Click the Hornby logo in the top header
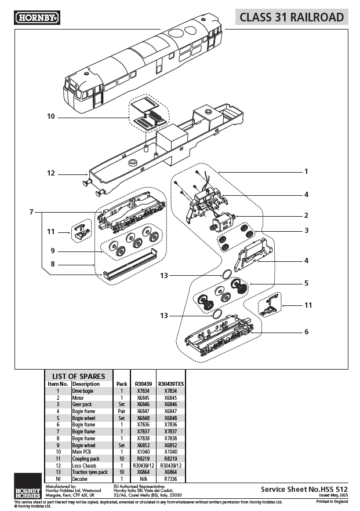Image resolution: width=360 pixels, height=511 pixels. pyautogui.click(x=37, y=17)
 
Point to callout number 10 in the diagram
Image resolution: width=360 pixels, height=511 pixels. pyautogui.click(x=51, y=116)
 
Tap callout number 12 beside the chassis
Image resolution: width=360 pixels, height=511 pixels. pyautogui.click(x=51, y=173)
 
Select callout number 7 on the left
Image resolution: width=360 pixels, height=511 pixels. pyautogui.click(x=31, y=212)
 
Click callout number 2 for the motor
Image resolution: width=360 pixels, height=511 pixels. pyautogui.click(x=306, y=215)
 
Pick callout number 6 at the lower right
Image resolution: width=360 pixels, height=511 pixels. pyautogui.click(x=306, y=332)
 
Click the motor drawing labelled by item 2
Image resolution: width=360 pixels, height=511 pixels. pyautogui.click(x=221, y=222)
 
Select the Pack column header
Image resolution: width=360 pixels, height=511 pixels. pyautogui.click(x=122, y=384)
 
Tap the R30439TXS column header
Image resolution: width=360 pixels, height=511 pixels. pyautogui.click(x=171, y=384)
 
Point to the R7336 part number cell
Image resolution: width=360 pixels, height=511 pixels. pyautogui.click(x=171, y=479)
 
